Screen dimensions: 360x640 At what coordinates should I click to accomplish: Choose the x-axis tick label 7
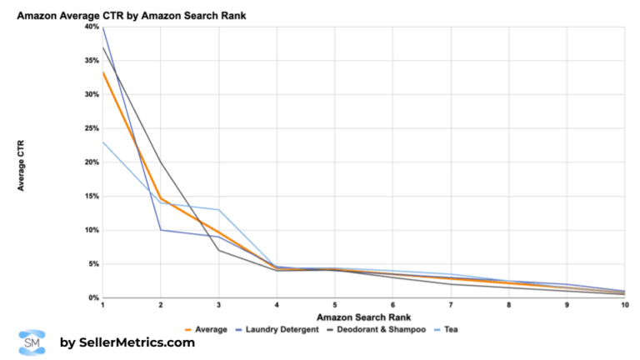[x=450, y=307]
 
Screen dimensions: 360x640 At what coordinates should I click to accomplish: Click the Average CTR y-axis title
[x=21, y=162]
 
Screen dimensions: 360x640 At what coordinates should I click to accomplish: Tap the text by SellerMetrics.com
[x=127, y=342]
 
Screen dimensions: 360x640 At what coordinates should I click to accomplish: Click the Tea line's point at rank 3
[x=218, y=210]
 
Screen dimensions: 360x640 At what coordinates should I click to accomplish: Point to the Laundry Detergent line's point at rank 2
[x=160, y=230]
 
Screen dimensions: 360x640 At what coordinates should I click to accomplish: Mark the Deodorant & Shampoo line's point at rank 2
[x=160, y=162]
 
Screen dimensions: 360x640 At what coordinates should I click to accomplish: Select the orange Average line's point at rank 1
[x=102, y=72]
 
